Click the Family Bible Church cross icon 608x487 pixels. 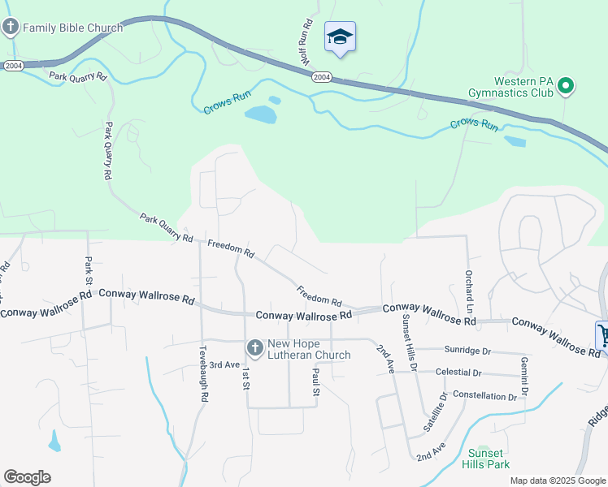click(11, 28)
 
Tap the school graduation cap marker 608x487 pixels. click(340, 37)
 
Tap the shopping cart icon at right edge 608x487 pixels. click(602, 334)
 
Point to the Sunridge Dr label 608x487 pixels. click(468, 351)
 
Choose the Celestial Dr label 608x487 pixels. click(458, 373)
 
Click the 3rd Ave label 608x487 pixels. click(224, 365)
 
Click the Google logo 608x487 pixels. click(27, 477)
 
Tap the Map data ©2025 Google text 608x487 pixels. click(558, 481)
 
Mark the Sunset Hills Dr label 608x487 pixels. click(409, 343)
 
